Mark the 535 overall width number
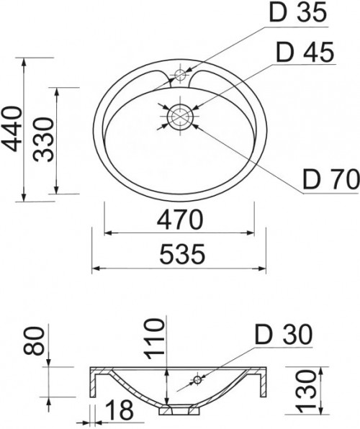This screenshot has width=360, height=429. click(x=179, y=254)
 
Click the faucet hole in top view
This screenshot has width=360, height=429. click(x=180, y=75)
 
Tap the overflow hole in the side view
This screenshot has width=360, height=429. click(x=197, y=379)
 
